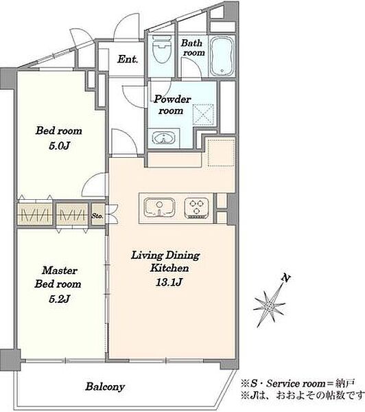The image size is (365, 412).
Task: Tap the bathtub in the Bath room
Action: click(222, 56)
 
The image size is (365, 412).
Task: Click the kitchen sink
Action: click(159, 207)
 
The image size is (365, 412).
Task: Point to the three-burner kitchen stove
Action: click(197, 208)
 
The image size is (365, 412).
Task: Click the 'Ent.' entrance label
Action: click(128, 59)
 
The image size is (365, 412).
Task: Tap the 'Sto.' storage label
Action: click(97, 216)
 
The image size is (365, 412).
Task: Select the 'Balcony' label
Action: click(105, 387)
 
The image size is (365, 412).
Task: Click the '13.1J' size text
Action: click(169, 282)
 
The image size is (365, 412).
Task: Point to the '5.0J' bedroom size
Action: click(59, 146)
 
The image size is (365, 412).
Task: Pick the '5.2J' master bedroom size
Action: click(59, 299)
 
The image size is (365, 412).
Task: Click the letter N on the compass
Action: click(286, 278)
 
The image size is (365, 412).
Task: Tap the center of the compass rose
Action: click(270, 306)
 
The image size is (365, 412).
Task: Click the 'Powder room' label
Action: click(172, 104)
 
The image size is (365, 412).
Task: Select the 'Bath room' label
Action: click(193, 47)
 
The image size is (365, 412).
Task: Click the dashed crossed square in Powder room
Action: click(203, 113)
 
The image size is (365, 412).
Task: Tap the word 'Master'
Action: click(60, 270)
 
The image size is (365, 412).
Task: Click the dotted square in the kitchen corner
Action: click(221, 152)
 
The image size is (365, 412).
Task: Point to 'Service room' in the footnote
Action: click(296, 384)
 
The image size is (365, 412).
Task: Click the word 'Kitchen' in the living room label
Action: click(169, 268)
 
